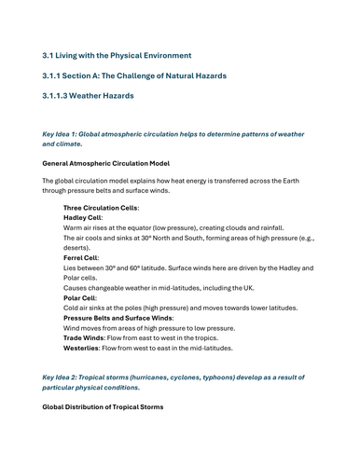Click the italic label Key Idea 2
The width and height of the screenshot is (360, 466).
point(62,376)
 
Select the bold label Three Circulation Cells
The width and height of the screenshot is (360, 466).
point(101,207)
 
